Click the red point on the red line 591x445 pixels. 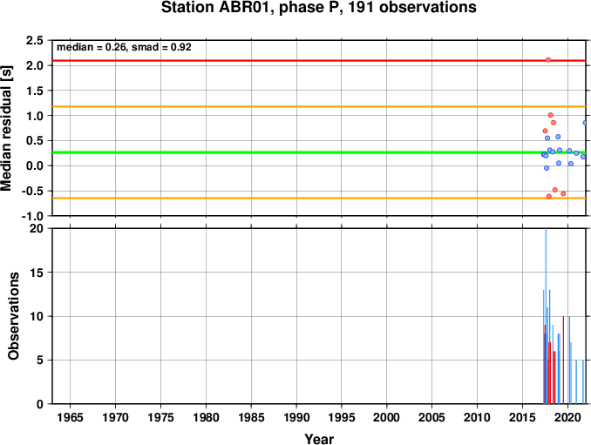pyautogui.click(x=548, y=60)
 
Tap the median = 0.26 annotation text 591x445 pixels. pyautogui.click(x=91, y=47)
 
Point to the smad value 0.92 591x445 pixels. pyautogui.click(x=181, y=47)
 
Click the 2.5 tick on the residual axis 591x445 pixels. pyautogui.click(x=34, y=40)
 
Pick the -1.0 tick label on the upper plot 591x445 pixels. pyautogui.click(x=32, y=217)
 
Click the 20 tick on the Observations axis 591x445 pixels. pyautogui.click(x=37, y=228)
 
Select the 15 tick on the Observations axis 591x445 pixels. pyautogui.click(x=37, y=273)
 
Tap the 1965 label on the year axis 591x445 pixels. pyautogui.click(x=70, y=417)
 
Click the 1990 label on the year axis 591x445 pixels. pyautogui.click(x=296, y=417)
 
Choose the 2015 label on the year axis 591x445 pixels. pyautogui.click(x=522, y=417)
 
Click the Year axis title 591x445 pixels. pyautogui.click(x=319, y=439)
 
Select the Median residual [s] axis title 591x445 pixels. pyautogui.click(x=7, y=128)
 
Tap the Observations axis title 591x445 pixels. pyautogui.click(x=14, y=316)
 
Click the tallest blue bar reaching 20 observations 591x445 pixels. pyautogui.click(x=546, y=316)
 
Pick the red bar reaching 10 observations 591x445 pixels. pyautogui.click(x=563, y=360)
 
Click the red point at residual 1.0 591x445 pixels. pyautogui.click(x=550, y=115)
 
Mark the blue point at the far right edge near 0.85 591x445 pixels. pyautogui.click(x=585, y=123)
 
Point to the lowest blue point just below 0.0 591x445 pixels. pyautogui.click(x=547, y=168)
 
